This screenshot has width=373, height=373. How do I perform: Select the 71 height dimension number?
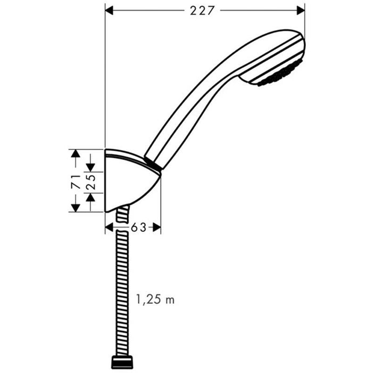click(x=76, y=181)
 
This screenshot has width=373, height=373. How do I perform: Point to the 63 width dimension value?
click(x=138, y=228)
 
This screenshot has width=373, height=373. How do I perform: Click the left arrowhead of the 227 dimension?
click(x=111, y=10)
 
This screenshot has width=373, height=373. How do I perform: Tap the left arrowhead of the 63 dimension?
click(x=110, y=228)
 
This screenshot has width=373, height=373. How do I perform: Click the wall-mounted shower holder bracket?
click(x=128, y=181)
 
